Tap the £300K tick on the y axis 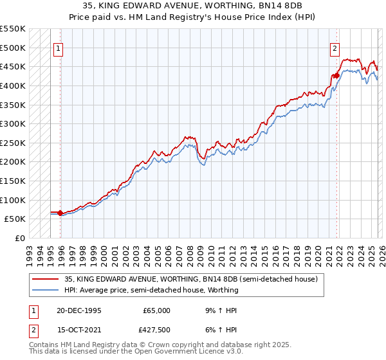[x=13, y=123]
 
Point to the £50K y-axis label [x=15, y=219]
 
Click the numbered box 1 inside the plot [x=59, y=48]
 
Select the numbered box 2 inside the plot [x=335, y=48]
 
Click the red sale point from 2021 [x=336, y=75]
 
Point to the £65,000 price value [x=158, y=310]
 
